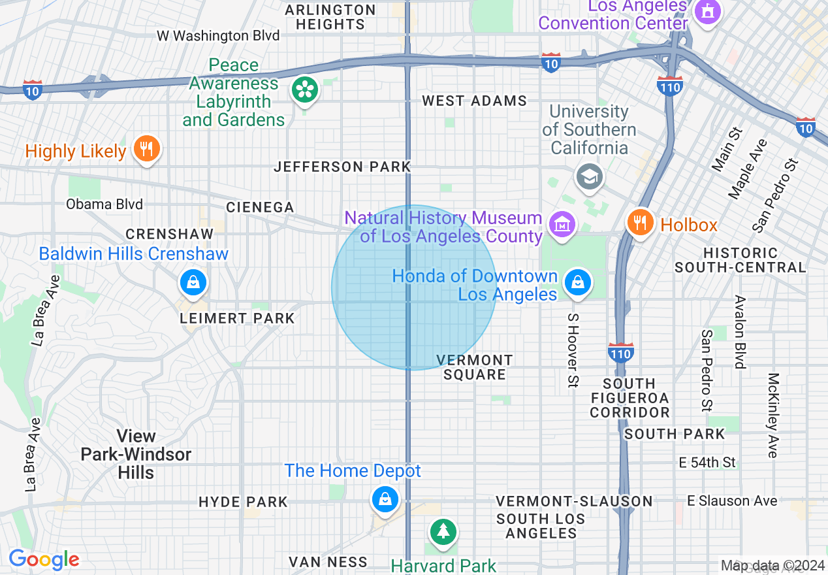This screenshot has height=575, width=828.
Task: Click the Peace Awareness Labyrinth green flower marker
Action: (x=304, y=90)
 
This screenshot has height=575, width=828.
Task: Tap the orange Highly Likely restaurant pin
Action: (x=146, y=150)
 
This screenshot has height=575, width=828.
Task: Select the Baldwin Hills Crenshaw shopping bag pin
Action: (x=193, y=282)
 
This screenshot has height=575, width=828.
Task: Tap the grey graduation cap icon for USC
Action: (x=590, y=176)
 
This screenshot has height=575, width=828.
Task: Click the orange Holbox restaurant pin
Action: (x=641, y=223)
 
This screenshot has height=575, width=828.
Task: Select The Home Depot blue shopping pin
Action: (x=385, y=500)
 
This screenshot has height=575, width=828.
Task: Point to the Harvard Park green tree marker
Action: (x=443, y=530)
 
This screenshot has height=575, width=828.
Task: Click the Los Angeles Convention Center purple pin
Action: (x=706, y=12)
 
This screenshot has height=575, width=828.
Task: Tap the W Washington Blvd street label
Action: (x=218, y=36)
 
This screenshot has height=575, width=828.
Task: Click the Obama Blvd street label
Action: (x=104, y=205)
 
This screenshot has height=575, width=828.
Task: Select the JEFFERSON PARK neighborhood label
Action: (x=342, y=167)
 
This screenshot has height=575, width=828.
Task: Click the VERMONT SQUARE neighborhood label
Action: (x=475, y=367)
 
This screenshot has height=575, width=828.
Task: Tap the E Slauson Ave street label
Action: (x=732, y=501)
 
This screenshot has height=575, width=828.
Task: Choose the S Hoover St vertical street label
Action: (x=573, y=350)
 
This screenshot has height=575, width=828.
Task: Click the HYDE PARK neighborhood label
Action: (x=243, y=502)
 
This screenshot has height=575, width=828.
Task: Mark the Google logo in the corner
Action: (x=44, y=560)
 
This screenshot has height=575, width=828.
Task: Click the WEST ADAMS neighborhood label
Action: (x=474, y=101)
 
